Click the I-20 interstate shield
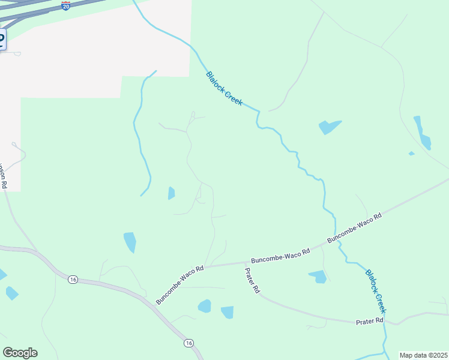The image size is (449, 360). (x=66, y=5)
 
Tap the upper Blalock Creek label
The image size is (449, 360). (x=224, y=89)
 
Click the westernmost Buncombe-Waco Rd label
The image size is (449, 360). (x=180, y=284)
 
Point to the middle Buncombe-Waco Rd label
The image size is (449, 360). (x=280, y=256)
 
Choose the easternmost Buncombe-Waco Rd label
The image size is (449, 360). (x=354, y=228)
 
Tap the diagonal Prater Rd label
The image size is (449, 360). (x=252, y=280)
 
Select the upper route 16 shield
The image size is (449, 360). (x=73, y=280)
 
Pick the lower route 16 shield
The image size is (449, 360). (x=188, y=343)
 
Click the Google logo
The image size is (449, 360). (x=20, y=353)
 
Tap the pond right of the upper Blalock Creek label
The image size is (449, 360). (x=328, y=127)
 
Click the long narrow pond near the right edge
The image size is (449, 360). (x=422, y=133)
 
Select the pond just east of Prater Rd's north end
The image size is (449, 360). (x=318, y=277)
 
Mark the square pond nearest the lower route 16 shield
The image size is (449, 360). (x=227, y=312)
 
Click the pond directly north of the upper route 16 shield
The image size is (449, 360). (x=130, y=242)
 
